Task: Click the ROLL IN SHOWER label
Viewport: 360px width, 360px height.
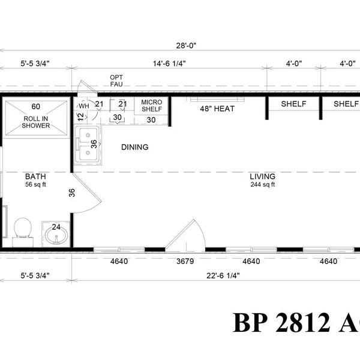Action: pos(37,122)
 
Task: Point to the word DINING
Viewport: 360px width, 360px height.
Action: pos(134,147)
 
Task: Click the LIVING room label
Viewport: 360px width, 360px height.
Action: pos(263,176)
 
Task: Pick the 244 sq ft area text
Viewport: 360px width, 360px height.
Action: pos(263,185)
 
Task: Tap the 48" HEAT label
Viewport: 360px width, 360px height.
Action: pos(217,109)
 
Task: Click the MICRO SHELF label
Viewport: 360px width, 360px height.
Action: pos(152,107)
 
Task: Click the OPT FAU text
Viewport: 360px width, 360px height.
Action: pos(116,81)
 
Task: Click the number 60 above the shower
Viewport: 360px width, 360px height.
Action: pos(36,107)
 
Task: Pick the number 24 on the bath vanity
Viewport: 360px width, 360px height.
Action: pos(56,227)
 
